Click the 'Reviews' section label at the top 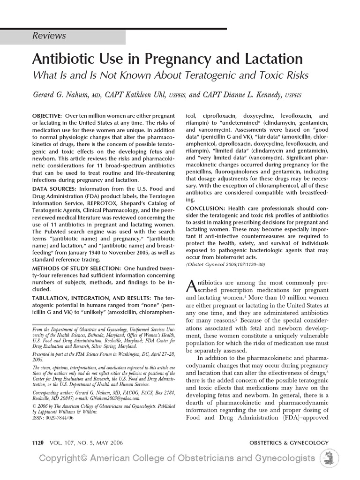click(x=49, y=36)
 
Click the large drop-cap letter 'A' click(x=191, y=285)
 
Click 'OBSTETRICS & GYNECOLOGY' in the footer click(x=289, y=442)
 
